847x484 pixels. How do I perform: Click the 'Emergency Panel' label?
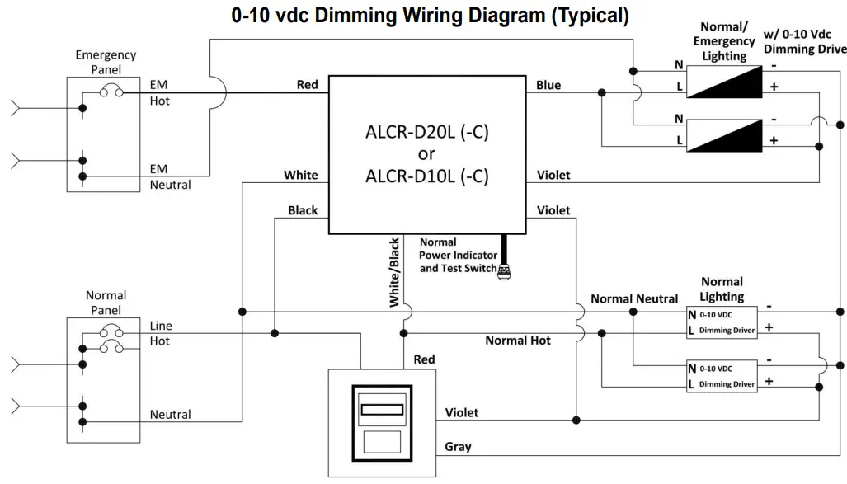click(x=106, y=62)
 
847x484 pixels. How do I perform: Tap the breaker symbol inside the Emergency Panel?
click(x=111, y=92)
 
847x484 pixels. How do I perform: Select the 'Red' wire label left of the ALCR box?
click(x=307, y=85)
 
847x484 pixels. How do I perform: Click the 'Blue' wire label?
click(x=548, y=85)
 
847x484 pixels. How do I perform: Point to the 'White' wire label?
click(x=300, y=175)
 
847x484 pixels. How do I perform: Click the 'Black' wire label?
click(x=302, y=210)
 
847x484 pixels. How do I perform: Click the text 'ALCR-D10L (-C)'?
click(x=427, y=175)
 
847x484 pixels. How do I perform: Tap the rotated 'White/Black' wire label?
click(x=394, y=272)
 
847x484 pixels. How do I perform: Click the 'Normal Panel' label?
click(x=106, y=303)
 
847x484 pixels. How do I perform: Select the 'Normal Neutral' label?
click(x=633, y=298)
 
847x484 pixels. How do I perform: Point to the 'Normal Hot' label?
click(x=517, y=341)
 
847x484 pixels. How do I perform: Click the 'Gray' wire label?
click(x=458, y=446)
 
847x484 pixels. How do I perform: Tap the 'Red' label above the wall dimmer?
click(x=424, y=359)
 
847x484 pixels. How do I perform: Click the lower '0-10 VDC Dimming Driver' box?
click(x=721, y=376)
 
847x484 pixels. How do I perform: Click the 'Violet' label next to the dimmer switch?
click(x=461, y=411)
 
